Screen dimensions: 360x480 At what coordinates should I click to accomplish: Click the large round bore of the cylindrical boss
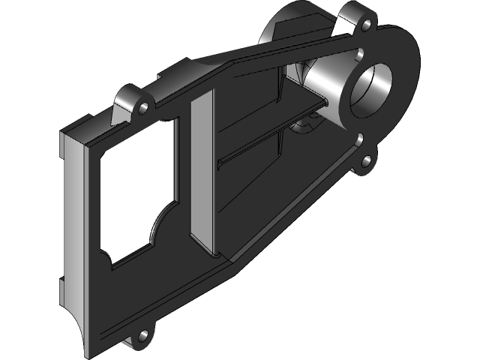coord(372,91)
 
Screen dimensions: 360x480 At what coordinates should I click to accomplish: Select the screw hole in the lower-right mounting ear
coord(367,160)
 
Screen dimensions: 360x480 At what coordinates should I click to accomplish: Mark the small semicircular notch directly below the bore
coord(361,139)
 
